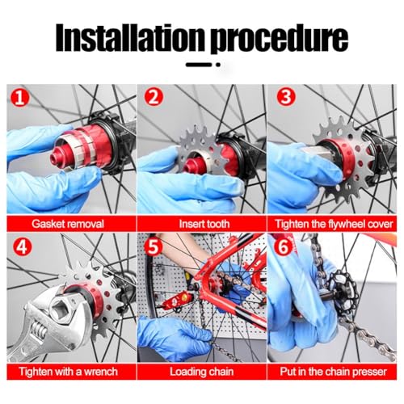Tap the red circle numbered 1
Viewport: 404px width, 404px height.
[19, 98]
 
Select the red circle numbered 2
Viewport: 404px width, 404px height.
[154, 97]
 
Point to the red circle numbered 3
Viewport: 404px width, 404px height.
[286, 97]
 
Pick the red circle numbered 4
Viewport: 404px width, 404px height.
[22, 246]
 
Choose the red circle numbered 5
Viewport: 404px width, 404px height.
[154, 247]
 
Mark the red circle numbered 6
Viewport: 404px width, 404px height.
[284, 246]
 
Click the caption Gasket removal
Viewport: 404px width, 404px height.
[68, 224]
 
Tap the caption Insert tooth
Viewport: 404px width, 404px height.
[204, 224]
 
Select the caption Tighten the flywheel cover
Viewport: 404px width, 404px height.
[334, 224]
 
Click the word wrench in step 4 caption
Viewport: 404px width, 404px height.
[101, 372]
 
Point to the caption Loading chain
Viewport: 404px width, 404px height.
[201, 372]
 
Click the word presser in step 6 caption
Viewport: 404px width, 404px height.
[369, 372]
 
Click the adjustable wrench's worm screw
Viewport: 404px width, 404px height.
[39, 329]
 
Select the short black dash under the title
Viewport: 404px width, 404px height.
[199, 65]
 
